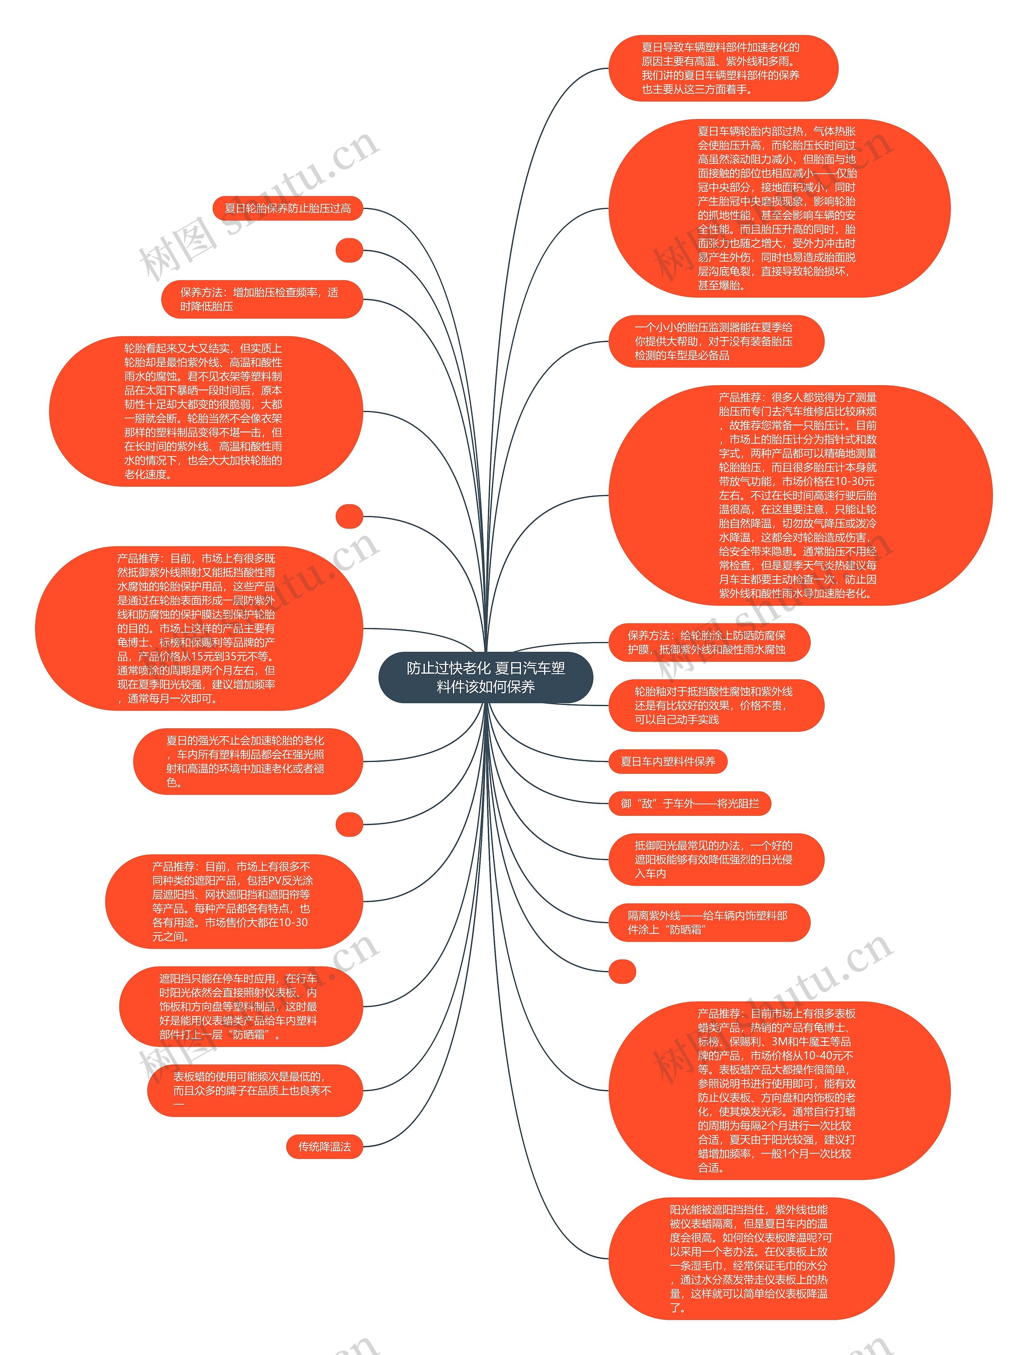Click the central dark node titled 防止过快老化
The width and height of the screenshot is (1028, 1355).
[485, 677]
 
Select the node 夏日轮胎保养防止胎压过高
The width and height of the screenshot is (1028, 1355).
[288, 208]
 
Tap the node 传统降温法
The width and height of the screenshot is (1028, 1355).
[324, 1147]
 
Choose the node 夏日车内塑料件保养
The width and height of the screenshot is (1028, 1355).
[667, 762]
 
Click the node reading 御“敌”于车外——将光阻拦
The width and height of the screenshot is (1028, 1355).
[689, 804]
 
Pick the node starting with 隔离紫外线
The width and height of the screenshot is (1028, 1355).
[708, 922]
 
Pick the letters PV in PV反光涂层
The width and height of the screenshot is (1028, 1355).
[270, 881]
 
